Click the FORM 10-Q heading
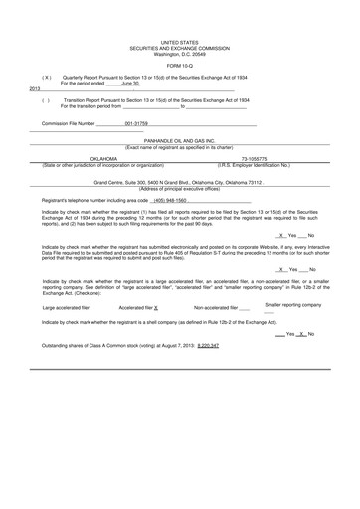pos(179,65)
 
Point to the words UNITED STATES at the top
pos(179,44)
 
